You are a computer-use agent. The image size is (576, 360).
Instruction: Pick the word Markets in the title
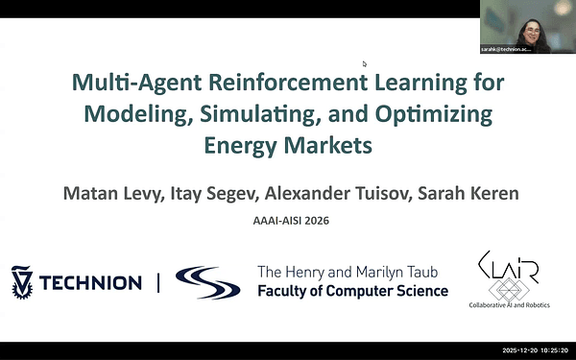[328, 147]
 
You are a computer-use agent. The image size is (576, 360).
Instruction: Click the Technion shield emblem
[22, 281]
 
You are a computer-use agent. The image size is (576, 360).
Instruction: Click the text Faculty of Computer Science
[352, 291]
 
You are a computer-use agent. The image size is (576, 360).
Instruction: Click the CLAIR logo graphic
[508, 275]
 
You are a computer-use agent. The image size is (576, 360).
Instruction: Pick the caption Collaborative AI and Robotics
[509, 306]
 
